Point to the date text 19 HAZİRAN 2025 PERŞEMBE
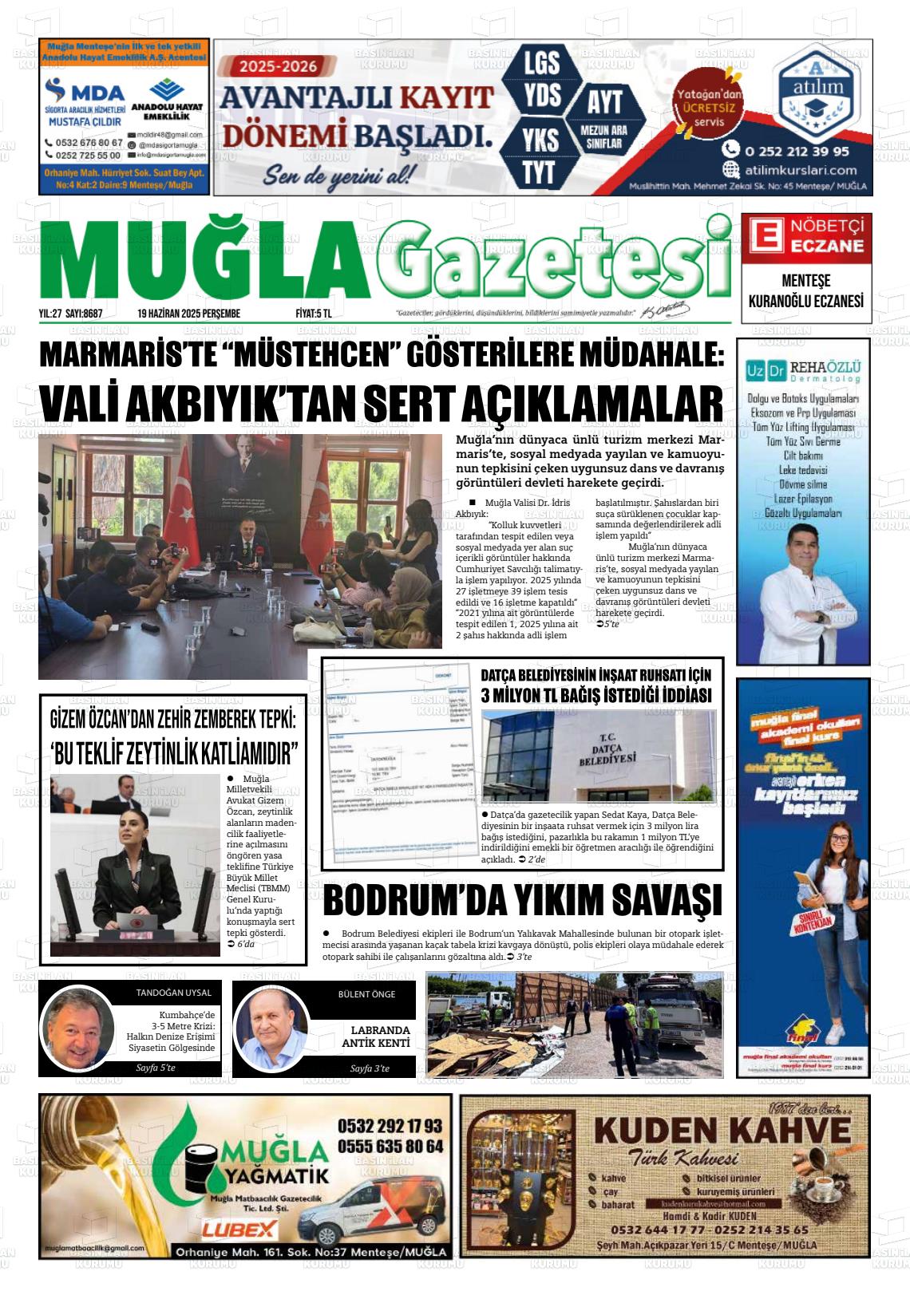pyautogui.click(x=188, y=314)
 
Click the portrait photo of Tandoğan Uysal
pyautogui.click(x=78, y=1029)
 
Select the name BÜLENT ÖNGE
pyautogui.click(x=366, y=994)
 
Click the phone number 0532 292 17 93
pyautogui.click(x=390, y=1126)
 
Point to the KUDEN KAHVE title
pyautogui.click(x=722, y=1131)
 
